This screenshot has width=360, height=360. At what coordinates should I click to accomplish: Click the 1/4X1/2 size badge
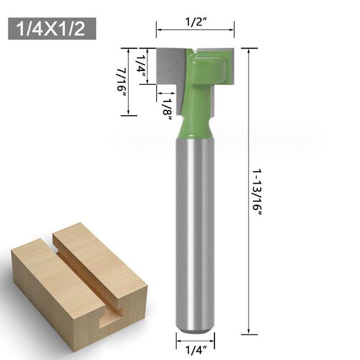pyautogui.click(x=52, y=29)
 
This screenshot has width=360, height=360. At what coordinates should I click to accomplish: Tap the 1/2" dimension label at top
pyautogui.click(x=195, y=22)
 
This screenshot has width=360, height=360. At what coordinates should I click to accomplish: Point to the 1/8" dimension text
pyautogui.click(x=168, y=109)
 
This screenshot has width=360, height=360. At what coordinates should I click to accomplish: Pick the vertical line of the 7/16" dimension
pyautogui.click(x=129, y=81)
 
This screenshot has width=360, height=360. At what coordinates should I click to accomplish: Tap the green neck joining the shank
pyautogui.click(x=195, y=126)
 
